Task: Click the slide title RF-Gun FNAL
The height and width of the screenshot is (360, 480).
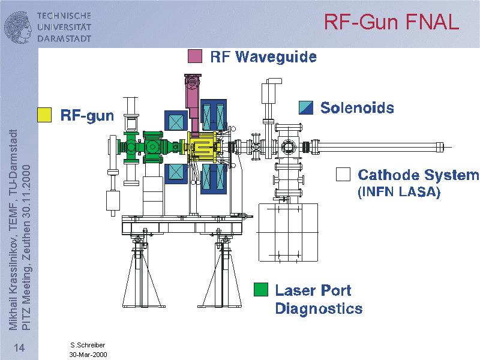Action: coord(391,22)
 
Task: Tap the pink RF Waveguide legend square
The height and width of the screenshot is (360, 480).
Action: coord(194,56)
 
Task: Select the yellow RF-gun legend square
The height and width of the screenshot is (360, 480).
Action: coord(45,115)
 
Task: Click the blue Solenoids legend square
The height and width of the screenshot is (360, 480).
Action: coord(306,107)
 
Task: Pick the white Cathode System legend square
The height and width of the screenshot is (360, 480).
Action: coord(343,174)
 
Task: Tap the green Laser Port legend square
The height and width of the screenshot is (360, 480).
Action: coord(260,290)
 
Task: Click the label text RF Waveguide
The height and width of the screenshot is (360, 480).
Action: coord(263,57)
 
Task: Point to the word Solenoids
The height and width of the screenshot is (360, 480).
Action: coord(357,108)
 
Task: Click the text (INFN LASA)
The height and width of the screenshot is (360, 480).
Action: coord(399,193)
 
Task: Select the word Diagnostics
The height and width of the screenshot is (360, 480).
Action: coord(319,309)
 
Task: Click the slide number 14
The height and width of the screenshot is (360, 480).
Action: coord(19,349)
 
